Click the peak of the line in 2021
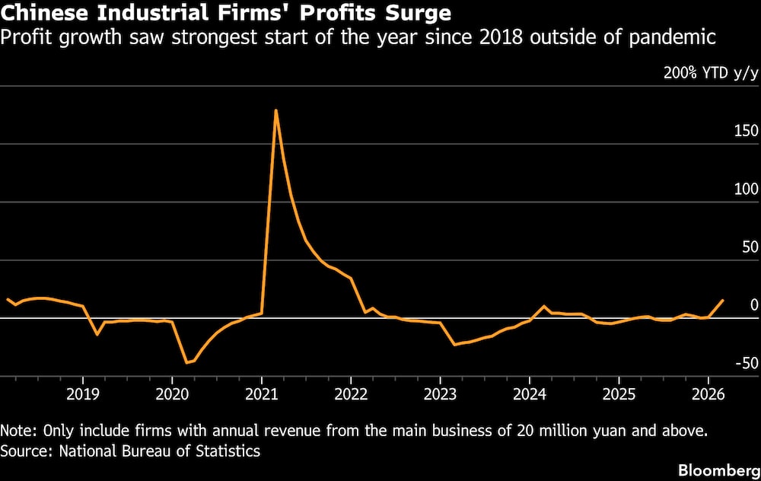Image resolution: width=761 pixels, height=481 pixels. pos(275,110)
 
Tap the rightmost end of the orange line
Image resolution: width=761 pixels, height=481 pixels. pos(723,301)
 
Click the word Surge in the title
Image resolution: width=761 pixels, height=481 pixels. pos(416,13)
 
